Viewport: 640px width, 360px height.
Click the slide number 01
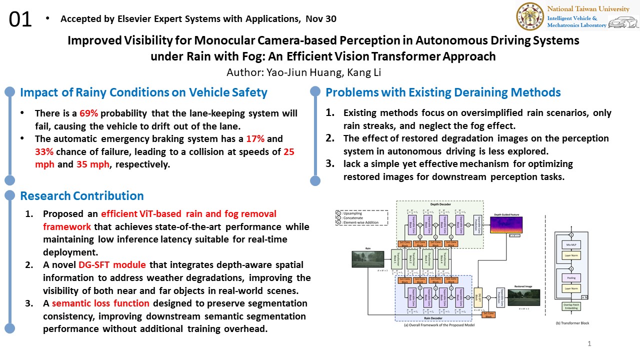point(20,19)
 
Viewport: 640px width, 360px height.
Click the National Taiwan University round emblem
point(530,16)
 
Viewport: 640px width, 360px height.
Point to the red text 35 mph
point(92,164)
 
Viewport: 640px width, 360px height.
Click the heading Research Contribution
point(81,195)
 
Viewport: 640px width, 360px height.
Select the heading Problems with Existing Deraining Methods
point(443,92)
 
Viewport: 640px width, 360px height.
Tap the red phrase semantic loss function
point(100,303)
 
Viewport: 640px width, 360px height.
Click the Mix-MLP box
point(570,244)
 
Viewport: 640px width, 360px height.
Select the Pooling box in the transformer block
point(570,277)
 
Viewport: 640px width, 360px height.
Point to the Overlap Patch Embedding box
point(570,306)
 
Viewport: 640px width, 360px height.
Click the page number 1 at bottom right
point(589,343)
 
